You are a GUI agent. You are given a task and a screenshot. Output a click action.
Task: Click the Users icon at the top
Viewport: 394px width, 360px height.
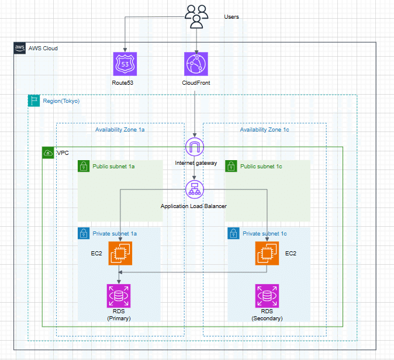tap(196, 16)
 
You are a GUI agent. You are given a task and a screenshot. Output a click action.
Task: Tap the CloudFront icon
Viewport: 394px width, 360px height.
tap(196, 64)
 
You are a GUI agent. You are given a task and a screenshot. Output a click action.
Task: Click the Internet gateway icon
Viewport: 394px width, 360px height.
tap(193, 147)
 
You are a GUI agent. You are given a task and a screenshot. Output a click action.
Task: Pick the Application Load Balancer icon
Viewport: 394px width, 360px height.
tap(193, 189)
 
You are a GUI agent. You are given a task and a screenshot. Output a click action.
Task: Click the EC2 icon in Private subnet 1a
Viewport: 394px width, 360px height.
tap(120, 254)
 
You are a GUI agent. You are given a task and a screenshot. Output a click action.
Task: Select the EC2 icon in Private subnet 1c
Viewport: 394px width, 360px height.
tap(267, 254)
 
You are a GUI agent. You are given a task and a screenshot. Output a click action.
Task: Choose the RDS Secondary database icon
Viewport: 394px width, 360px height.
tap(267, 296)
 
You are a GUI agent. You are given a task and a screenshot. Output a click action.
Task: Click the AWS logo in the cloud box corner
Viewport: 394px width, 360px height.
tap(19, 48)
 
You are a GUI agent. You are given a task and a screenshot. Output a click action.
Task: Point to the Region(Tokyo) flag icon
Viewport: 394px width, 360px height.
tap(34, 101)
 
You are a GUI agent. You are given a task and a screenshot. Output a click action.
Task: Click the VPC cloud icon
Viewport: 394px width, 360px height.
tap(48, 153)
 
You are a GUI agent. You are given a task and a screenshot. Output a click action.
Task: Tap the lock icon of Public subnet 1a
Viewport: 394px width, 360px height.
tap(84, 167)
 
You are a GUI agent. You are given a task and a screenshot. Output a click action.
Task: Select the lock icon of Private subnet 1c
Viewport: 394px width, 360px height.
tap(233, 234)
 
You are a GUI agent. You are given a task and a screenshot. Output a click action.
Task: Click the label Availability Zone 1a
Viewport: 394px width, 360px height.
tap(120, 130)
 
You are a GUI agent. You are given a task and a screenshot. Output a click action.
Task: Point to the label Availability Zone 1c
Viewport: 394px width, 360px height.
tap(264, 130)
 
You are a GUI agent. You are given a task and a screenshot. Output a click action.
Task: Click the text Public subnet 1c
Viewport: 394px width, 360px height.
tap(261, 167)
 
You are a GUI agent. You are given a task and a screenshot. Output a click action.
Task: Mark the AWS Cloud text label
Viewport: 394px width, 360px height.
tap(43, 48)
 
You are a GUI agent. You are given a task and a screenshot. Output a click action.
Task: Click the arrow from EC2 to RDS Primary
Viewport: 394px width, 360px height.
tap(120, 275)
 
